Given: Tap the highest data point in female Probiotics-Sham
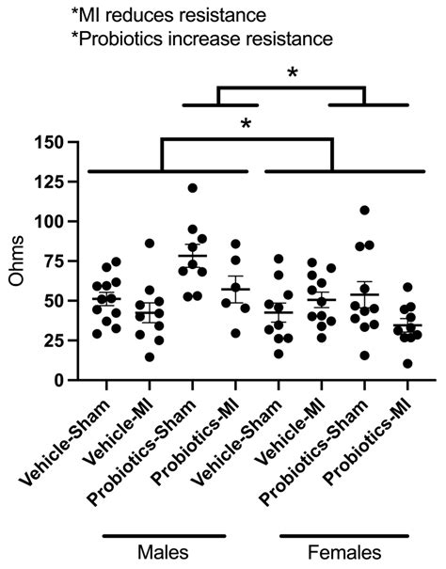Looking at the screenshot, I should click(x=364, y=210).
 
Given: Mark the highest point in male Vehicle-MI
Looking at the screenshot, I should click(x=149, y=244).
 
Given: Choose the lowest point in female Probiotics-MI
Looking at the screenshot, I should click(x=406, y=363).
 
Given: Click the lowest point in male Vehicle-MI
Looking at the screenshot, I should click(x=149, y=357).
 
